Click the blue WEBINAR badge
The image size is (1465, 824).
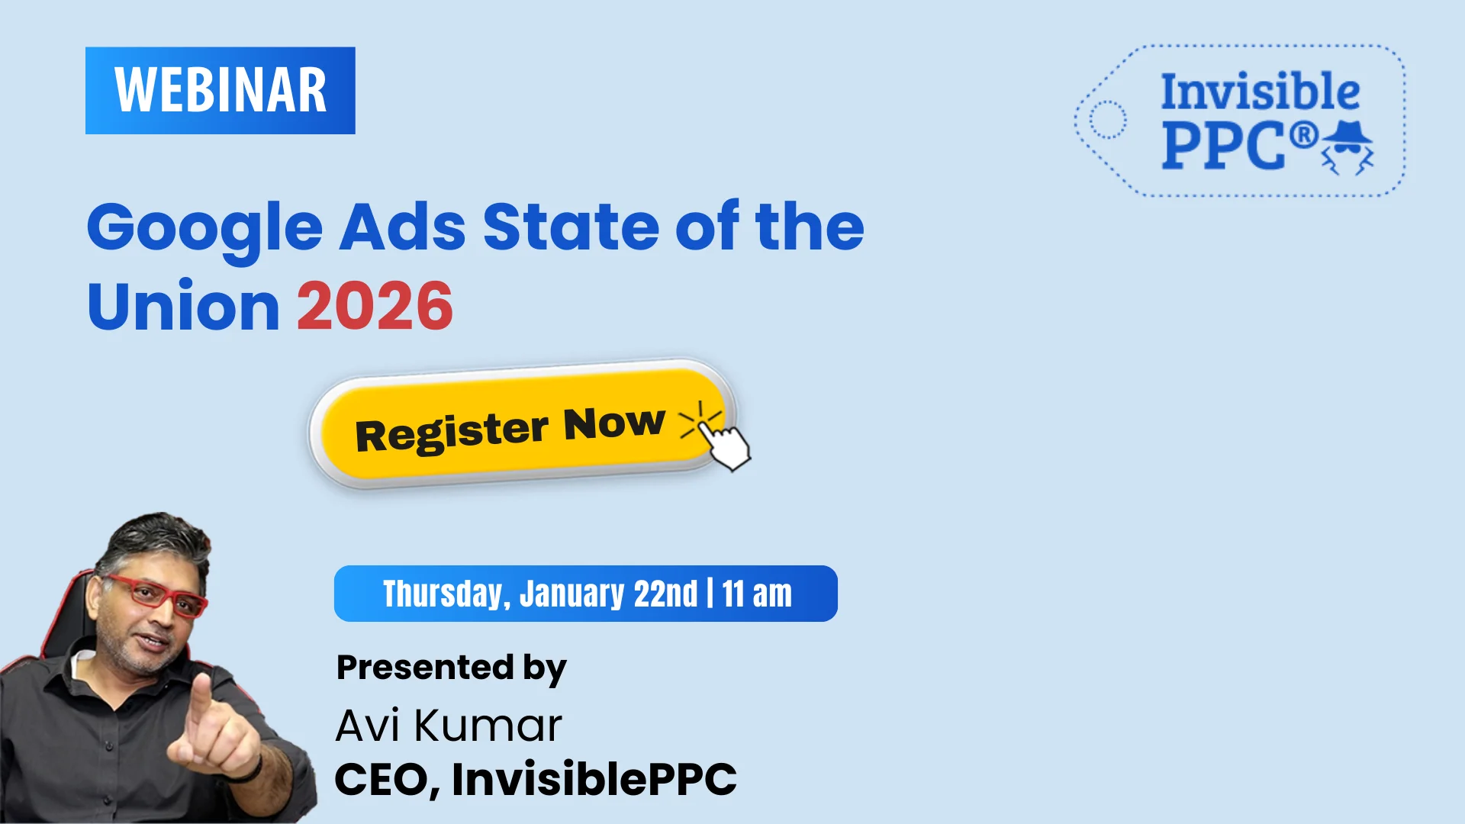220,90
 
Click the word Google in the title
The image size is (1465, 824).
204,227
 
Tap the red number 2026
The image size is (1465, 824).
375,306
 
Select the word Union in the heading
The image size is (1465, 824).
183,306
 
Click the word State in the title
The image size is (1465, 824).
571,227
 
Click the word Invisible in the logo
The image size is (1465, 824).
1260,92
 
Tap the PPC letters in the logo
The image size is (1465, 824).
1223,146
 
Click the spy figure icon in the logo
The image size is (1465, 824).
1347,147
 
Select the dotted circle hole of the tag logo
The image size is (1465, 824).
1107,120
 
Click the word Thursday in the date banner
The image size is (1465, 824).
446,594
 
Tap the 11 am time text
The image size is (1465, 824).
757,594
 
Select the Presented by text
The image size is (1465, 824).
451,668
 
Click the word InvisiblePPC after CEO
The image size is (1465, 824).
594,779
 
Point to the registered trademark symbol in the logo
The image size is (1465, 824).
1303,135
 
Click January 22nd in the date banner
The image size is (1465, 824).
608,594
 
